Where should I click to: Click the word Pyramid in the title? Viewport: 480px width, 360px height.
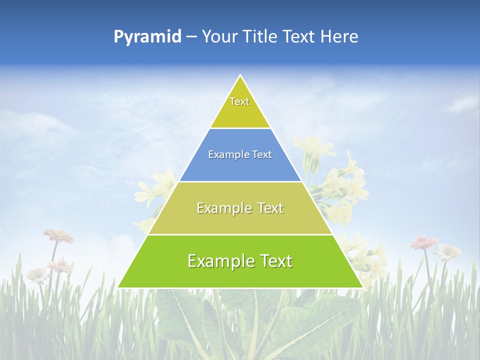click(x=147, y=37)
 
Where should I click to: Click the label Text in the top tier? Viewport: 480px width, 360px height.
click(x=239, y=101)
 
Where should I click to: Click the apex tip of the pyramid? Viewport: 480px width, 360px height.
click(x=240, y=76)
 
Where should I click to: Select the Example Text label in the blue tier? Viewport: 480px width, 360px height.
click(x=240, y=154)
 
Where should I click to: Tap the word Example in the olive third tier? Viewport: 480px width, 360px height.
click(x=222, y=208)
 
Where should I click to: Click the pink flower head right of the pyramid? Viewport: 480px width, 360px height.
click(x=423, y=242)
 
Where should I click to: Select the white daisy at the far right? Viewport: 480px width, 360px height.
click(x=448, y=252)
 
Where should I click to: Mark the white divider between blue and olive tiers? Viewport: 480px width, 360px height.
click(x=240, y=181)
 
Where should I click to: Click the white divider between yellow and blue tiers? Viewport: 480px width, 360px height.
click(x=240, y=128)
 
